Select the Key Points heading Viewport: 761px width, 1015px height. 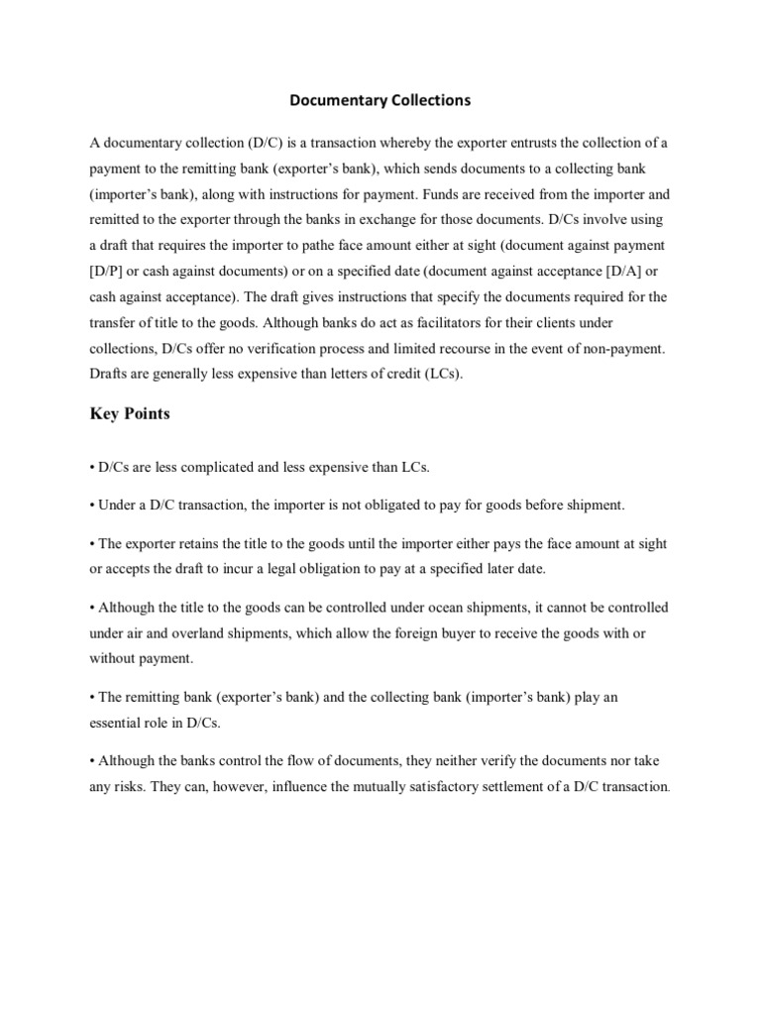point(130,413)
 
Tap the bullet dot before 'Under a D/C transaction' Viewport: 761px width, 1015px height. point(92,506)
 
